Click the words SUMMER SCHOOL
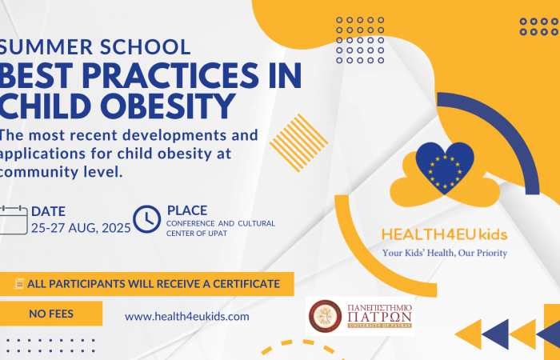click(95, 47)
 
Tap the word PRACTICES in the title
click(170, 76)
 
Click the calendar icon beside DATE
click(14, 220)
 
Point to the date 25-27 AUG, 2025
click(81, 228)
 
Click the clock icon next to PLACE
click(146, 219)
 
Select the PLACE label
click(187, 210)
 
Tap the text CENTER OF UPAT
click(197, 234)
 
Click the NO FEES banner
click(51, 314)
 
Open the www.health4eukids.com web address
click(186, 317)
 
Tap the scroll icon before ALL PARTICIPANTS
click(19, 283)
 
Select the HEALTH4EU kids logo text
click(445, 234)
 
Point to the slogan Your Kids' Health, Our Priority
click(445, 253)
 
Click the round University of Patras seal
click(325, 316)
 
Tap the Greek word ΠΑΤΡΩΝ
click(380, 317)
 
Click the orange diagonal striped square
click(298, 143)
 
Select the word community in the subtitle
click(38, 173)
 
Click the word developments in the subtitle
click(174, 136)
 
